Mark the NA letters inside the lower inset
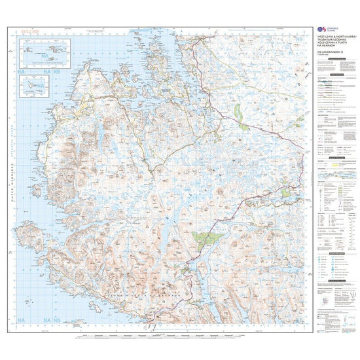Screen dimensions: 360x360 pyautogui.click(x=27, y=88)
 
